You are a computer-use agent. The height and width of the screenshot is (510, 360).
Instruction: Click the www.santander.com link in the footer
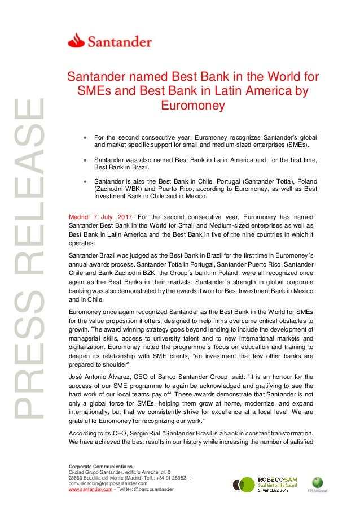[x=87, y=489]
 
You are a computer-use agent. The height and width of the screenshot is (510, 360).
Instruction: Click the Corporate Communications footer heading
[x=100, y=466]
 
